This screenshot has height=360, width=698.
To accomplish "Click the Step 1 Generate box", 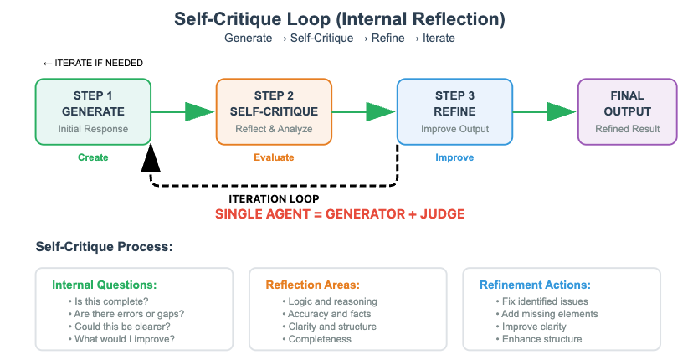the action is tap(93, 112).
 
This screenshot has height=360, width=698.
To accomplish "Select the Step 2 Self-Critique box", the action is tap(274, 112).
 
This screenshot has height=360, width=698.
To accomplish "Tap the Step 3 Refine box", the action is tap(454, 112).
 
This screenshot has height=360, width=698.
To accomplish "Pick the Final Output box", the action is tap(627, 112).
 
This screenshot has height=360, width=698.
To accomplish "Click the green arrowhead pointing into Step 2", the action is tap(199, 112).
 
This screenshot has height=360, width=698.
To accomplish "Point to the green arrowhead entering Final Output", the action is tap(562, 112).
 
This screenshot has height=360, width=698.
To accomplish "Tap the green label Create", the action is tap(93, 157).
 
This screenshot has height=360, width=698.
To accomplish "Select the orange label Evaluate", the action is tap(274, 157).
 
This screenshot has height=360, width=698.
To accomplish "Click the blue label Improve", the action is tap(454, 157).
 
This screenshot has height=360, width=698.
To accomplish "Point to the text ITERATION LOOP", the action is tap(274, 198).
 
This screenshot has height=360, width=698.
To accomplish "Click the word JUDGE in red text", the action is tap(443, 214).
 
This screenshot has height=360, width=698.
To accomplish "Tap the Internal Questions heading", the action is tap(104, 285).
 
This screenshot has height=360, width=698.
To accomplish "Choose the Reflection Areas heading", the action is tap(312, 285).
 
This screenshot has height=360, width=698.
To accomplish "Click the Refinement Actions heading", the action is tap(535, 285).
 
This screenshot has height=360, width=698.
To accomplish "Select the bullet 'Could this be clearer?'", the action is tap(120, 327).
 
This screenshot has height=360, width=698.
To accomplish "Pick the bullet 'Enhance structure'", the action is tap(539, 339).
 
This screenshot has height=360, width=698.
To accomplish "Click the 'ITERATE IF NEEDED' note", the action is tap(93, 64).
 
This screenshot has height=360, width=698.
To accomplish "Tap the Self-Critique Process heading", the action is tap(104, 246).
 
